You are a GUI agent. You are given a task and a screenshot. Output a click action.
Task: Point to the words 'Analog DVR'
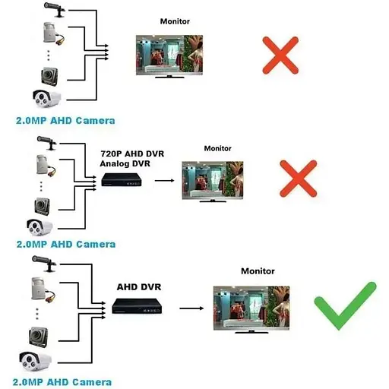(125, 164)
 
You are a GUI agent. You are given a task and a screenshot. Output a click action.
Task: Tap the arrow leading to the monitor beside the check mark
(191, 308)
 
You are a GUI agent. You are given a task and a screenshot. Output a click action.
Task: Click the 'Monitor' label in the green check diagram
(257, 270)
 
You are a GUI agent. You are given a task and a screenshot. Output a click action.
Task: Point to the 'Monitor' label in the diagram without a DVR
(175, 21)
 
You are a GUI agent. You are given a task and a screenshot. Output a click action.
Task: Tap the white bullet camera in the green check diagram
(35, 362)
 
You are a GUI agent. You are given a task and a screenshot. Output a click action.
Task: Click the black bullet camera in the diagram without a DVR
(53, 9)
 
